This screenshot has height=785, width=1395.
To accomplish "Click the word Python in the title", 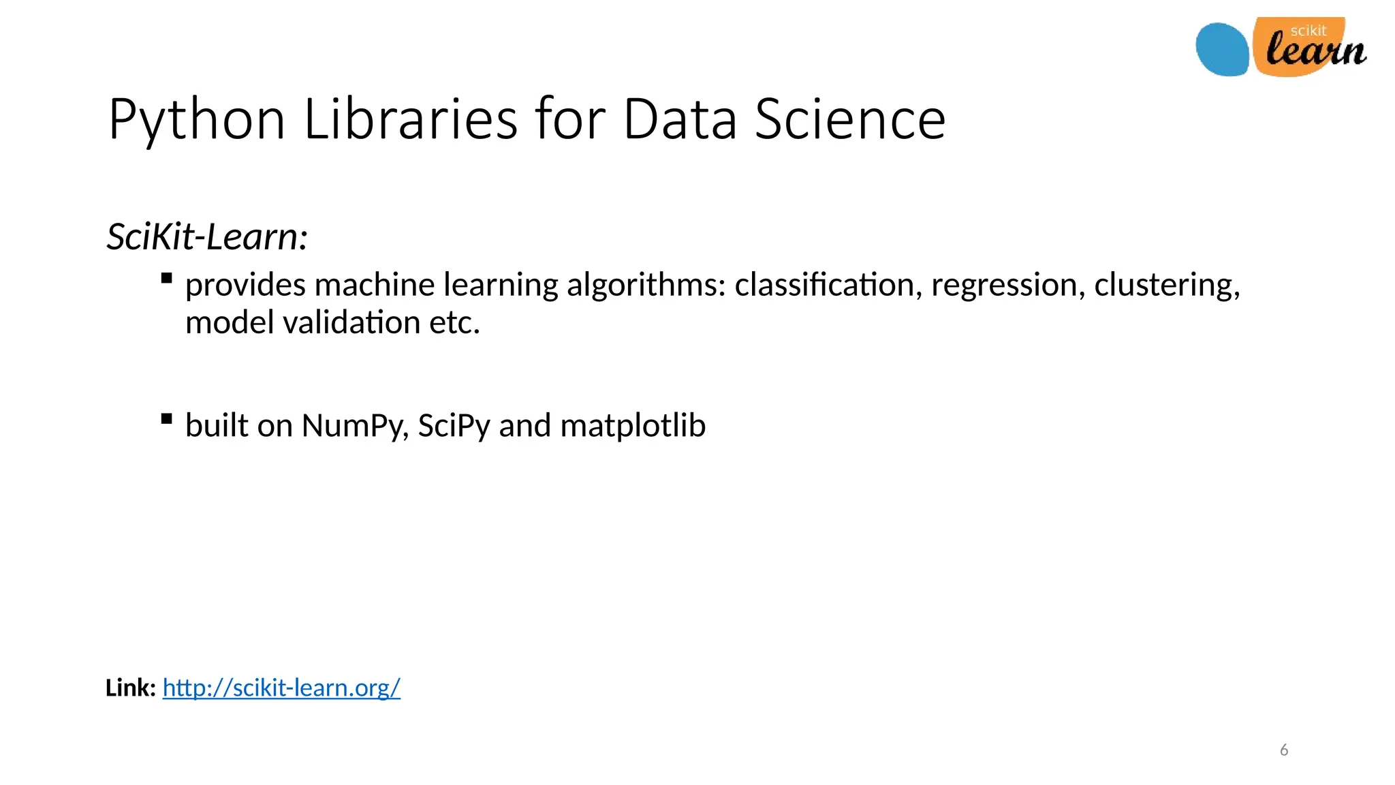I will click(x=196, y=120).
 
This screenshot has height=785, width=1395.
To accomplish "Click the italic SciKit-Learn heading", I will click(x=208, y=237).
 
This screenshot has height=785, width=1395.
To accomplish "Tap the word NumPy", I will click(x=355, y=426).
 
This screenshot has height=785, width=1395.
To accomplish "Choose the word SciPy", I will click(x=454, y=426).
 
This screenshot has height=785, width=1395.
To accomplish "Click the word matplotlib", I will click(x=633, y=426).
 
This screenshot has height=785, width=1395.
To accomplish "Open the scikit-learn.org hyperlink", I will click(x=281, y=688).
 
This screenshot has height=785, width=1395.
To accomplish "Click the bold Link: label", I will click(x=131, y=688).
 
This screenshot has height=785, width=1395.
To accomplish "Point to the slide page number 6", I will click(x=1284, y=750).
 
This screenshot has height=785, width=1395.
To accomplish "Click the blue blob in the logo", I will click(x=1223, y=50).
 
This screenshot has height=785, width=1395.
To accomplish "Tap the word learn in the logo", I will click(x=1316, y=51).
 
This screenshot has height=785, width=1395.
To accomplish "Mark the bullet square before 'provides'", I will click(x=167, y=278).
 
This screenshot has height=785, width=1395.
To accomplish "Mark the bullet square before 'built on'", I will click(x=167, y=418).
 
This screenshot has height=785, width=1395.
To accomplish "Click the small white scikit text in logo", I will click(x=1308, y=31).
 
